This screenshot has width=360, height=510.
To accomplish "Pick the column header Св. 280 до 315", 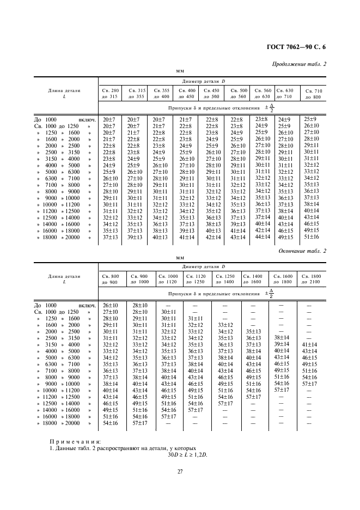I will (109, 93).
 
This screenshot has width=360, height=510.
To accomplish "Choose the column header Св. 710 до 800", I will (313, 94).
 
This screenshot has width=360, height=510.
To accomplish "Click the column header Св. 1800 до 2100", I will (311, 280).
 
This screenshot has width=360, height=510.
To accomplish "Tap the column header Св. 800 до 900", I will (111, 280).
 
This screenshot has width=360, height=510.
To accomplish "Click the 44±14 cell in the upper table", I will (263, 236).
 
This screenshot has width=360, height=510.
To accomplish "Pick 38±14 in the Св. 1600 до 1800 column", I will (282, 337).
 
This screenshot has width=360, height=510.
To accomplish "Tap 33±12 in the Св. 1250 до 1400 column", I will (224, 325).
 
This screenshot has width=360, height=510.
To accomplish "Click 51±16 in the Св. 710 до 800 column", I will (311, 236).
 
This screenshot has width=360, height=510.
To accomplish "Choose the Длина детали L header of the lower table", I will (65, 280).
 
